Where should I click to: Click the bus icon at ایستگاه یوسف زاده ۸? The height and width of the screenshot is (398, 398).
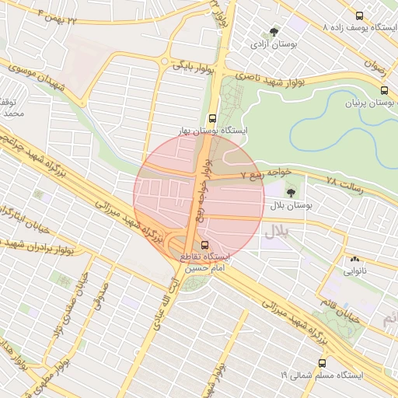tap(358, 15)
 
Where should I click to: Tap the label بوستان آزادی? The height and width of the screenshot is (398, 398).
tap(271, 45)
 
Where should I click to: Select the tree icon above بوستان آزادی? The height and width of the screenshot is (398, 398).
tap(273, 31)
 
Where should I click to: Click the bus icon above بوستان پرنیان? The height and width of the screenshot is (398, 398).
tap(383, 89)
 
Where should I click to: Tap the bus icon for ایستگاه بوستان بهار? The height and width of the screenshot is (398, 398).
tap(215, 118)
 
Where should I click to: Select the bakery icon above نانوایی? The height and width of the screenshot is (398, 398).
tap(355, 259)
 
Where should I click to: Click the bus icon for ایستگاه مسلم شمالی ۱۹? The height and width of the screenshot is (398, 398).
tap(322, 363)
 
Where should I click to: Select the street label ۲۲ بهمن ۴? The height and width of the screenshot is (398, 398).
tap(59, 16)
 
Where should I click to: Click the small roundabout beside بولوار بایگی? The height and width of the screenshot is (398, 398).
tap(163, 61)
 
